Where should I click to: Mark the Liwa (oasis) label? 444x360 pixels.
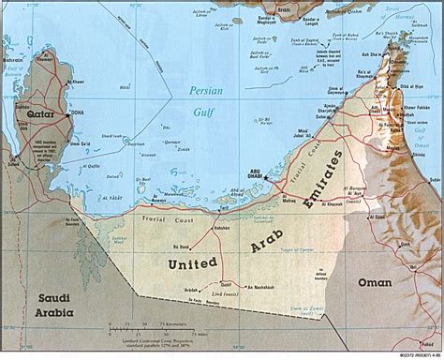tap(230, 299)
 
